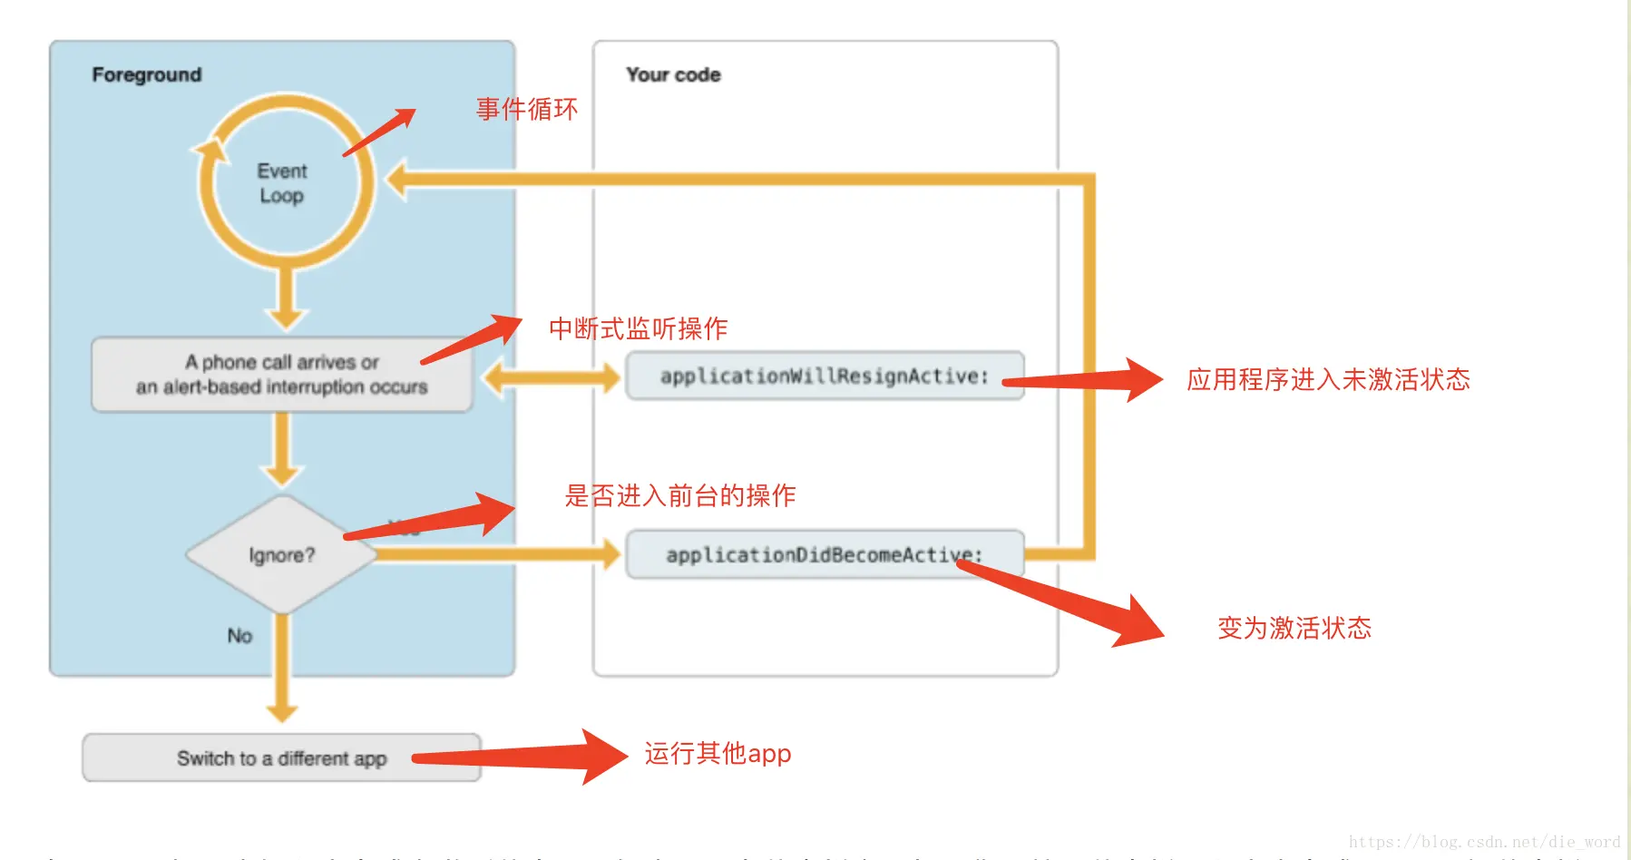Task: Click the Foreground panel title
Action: click(x=147, y=74)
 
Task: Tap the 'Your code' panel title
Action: click(x=673, y=74)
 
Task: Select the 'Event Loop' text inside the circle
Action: click(x=281, y=183)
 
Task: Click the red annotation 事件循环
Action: click(x=527, y=110)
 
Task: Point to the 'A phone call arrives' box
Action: click(x=281, y=375)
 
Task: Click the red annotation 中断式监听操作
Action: click(x=638, y=328)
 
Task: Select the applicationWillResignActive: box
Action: click(x=824, y=376)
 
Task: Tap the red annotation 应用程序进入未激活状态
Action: click(x=1328, y=379)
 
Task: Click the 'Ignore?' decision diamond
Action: click(x=281, y=554)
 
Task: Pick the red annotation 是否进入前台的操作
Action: click(x=679, y=495)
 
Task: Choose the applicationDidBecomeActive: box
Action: click(x=824, y=554)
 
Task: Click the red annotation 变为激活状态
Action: click(x=1294, y=628)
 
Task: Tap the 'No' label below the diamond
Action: click(x=239, y=636)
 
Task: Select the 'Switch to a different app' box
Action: click(x=281, y=758)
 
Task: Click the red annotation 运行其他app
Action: click(x=718, y=754)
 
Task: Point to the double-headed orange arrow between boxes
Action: click(x=551, y=376)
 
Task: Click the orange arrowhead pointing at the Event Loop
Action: click(x=397, y=179)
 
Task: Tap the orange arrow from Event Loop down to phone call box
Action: click(x=286, y=299)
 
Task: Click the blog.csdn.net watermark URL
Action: click(x=1483, y=842)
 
